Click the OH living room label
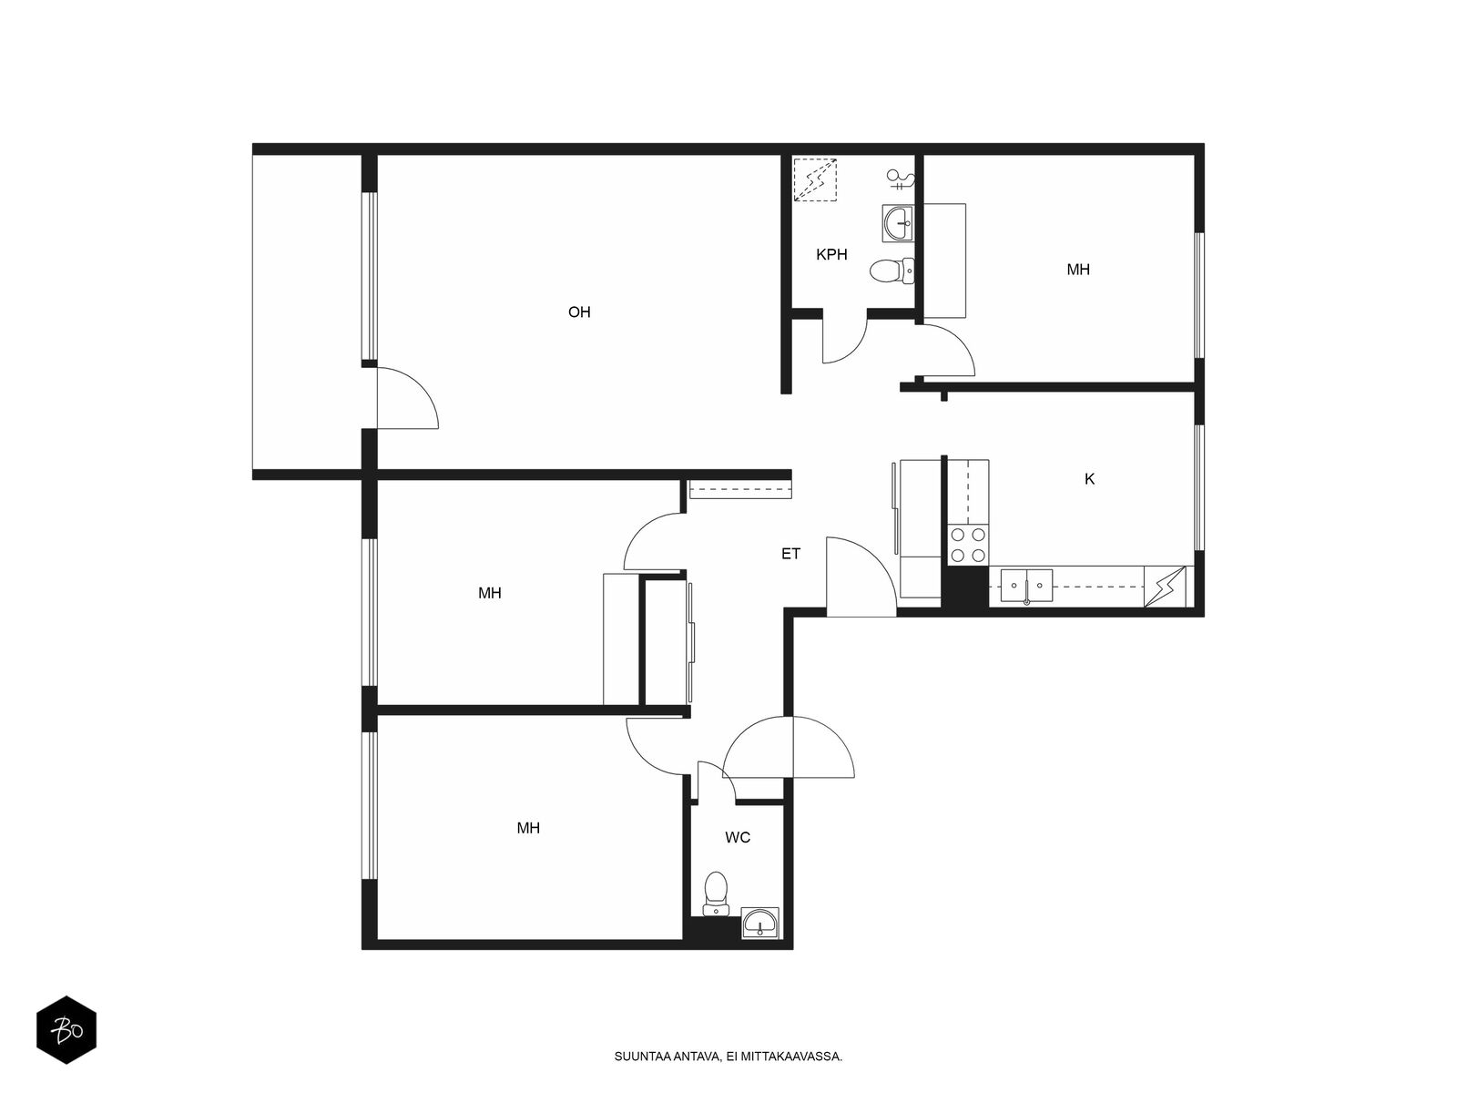click(x=579, y=312)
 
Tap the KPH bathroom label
click(x=831, y=254)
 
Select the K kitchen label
click(x=1088, y=478)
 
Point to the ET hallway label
click(x=790, y=554)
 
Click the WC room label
click(x=738, y=837)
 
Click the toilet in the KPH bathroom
click(x=892, y=271)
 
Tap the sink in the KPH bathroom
click(x=898, y=223)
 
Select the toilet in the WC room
click(x=715, y=894)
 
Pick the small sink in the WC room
click(x=760, y=923)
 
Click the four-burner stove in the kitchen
click(x=969, y=544)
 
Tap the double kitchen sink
click(x=1026, y=586)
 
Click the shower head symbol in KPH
click(x=901, y=179)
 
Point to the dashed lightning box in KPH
click(x=815, y=179)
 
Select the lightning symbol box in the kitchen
click(x=1165, y=586)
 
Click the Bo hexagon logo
click(x=66, y=1030)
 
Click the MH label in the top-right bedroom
click(x=1078, y=270)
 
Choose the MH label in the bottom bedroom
click(x=528, y=828)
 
